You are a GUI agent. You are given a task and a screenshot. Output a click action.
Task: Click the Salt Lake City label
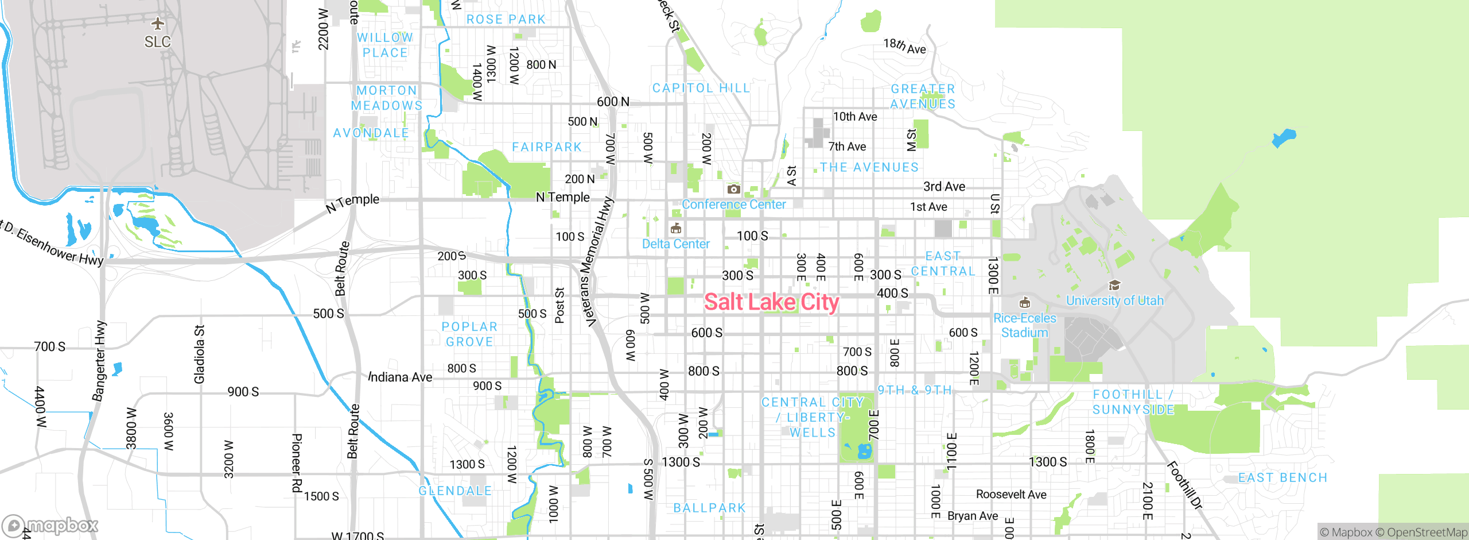(x=771, y=302)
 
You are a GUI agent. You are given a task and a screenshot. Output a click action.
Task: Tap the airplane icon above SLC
(x=158, y=24)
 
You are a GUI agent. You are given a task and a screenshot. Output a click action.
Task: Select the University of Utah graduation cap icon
(x=1114, y=286)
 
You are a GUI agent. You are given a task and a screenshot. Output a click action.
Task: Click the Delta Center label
(x=675, y=244)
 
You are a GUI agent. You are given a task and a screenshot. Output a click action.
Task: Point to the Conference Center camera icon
(x=733, y=189)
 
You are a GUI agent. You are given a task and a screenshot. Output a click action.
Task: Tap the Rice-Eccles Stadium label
(x=1024, y=325)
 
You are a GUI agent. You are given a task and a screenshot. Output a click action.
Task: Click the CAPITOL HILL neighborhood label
(x=701, y=88)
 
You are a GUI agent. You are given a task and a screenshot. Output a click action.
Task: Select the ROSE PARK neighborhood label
(x=506, y=20)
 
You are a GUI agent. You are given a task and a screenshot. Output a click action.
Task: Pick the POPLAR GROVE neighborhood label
(x=469, y=334)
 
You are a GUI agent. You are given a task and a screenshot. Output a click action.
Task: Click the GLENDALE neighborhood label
(x=455, y=491)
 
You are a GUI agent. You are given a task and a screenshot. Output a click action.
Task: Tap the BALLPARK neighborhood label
(x=709, y=508)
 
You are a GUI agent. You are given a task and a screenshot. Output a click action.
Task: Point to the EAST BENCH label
(x=1283, y=478)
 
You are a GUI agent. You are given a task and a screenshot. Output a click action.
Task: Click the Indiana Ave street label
(x=400, y=377)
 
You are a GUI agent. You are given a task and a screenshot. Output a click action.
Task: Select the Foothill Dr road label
(x=1184, y=485)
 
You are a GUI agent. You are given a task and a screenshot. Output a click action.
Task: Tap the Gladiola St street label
(x=199, y=354)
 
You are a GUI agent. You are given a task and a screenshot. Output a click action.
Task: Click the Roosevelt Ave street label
(x=1011, y=495)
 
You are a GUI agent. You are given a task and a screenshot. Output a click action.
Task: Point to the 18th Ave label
(x=904, y=46)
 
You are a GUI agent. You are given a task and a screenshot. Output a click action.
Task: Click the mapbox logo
(x=50, y=525)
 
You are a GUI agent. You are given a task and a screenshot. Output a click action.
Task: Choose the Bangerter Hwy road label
(x=99, y=361)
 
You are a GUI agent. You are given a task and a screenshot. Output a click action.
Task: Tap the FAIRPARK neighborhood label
(x=547, y=147)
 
